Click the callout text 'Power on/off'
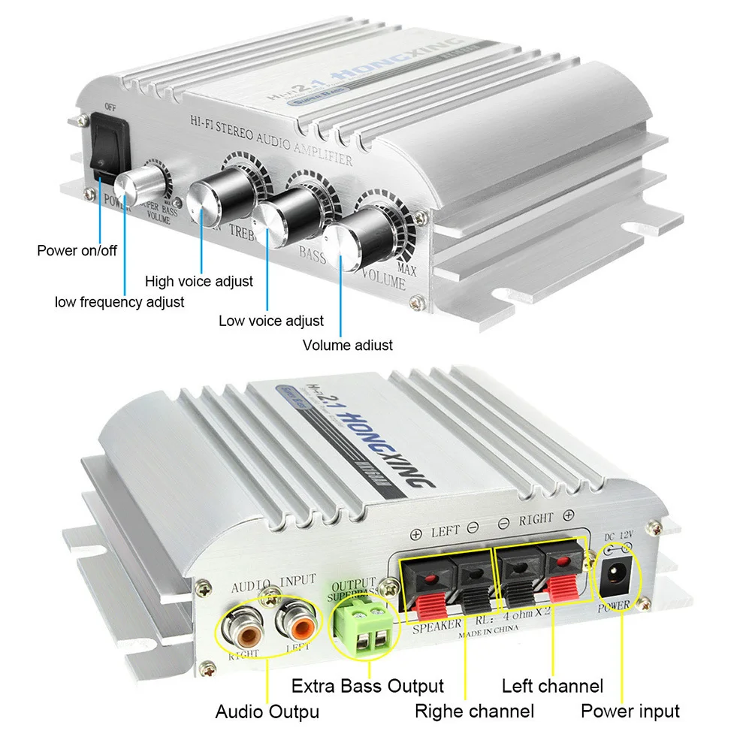[x=77, y=250]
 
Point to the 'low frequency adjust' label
[x=119, y=302]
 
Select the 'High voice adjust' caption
[x=199, y=282]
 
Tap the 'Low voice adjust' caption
[x=271, y=321]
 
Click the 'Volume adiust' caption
[x=347, y=346]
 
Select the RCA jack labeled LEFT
[x=293, y=622]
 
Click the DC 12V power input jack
[x=614, y=578]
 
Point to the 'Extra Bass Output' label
[x=367, y=686]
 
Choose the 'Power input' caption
[x=630, y=711]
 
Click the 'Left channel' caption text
[x=552, y=686]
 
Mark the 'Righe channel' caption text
[x=474, y=711]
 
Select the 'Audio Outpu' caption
[x=267, y=711]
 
